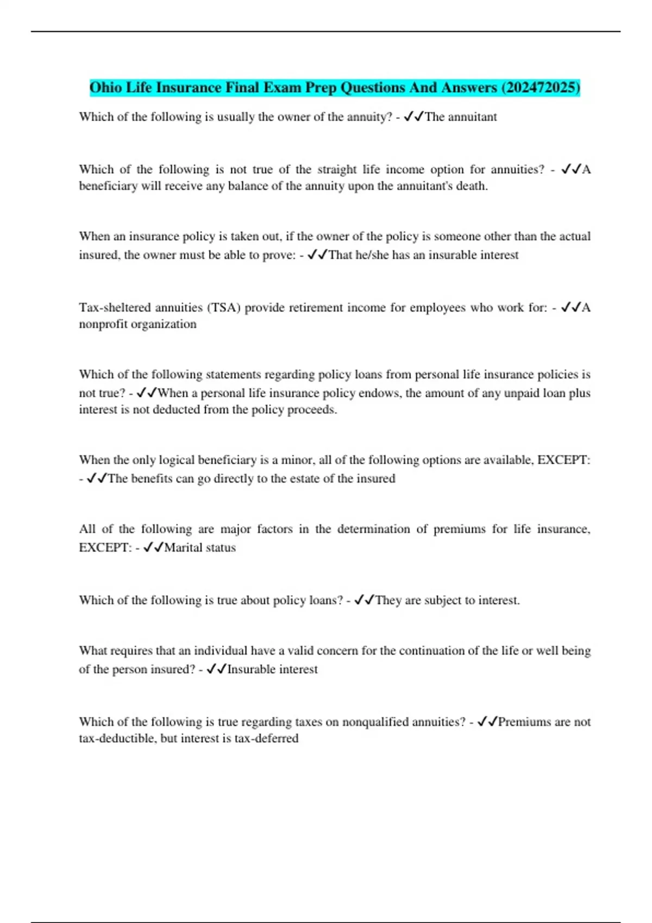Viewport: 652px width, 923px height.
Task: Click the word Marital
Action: pyautogui.click(x=183, y=548)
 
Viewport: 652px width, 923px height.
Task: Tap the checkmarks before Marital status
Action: pyautogui.click(x=154, y=548)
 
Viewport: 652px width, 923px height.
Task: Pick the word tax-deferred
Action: pyautogui.click(x=266, y=738)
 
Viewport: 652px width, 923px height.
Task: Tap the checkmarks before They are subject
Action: pyautogui.click(x=364, y=600)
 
